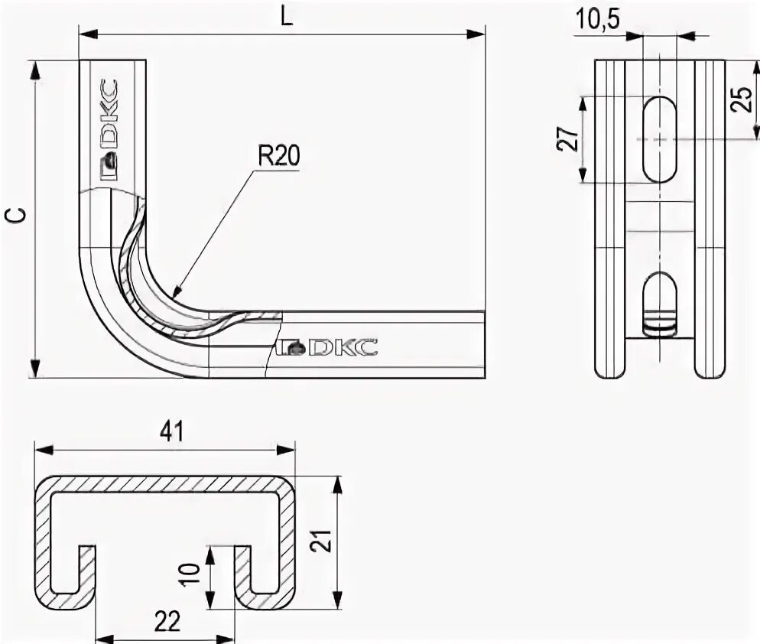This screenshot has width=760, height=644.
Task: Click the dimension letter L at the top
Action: click(285, 18)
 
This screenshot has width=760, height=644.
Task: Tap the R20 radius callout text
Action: click(278, 157)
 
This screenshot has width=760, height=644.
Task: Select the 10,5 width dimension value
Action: click(597, 21)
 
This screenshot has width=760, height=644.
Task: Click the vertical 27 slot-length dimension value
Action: click(567, 139)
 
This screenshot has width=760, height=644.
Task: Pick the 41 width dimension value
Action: click(172, 432)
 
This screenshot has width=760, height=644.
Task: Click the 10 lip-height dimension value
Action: click(192, 574)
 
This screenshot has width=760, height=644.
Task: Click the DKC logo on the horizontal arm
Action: click(328, 347)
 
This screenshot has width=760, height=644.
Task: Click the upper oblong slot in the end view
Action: click(659, 139)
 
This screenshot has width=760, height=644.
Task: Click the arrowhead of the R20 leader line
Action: click(175, 293)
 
